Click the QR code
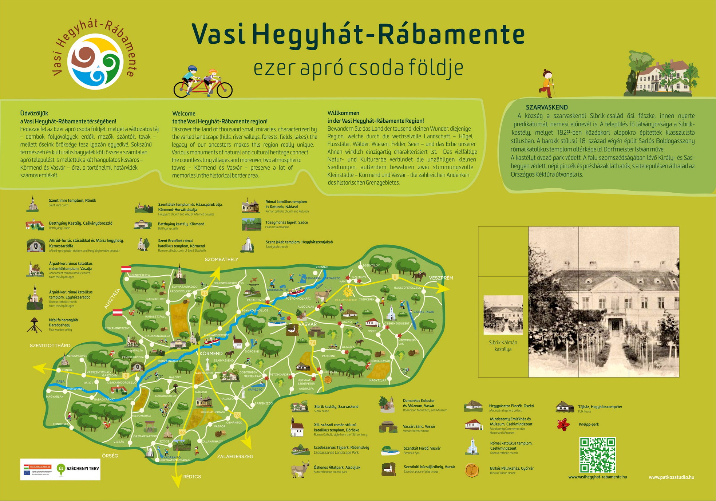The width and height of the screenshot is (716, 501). (x=597, y=455)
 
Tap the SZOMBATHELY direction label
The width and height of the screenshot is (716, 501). (x=221, y=260)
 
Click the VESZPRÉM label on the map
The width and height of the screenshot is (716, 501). (x=441, y=278)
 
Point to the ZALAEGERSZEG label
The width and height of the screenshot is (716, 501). (x=235, y=456)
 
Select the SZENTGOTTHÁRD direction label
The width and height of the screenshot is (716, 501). (x=50, y=346)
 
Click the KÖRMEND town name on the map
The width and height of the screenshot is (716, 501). (x=211, y=354)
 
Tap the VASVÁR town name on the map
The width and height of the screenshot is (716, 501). (x=308, y=324)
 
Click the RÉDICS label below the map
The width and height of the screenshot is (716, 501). (x=192, y=477)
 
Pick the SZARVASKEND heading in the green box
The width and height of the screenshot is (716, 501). (x=547, y=107)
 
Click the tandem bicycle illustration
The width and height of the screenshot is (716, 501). (x=203, y=83)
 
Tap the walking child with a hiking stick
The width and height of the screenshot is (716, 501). (x=547, y=83)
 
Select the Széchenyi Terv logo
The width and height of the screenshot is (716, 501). (x=78, y=469)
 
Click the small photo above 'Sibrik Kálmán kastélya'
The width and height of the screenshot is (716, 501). (x=503, y=315)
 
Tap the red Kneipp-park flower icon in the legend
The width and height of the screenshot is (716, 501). (x=563, y=425)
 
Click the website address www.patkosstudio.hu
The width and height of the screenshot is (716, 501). (x=671, y=477)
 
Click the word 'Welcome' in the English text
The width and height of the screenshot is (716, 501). (x=184, y=114)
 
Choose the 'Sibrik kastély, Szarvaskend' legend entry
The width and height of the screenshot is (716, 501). (x=336, y=407)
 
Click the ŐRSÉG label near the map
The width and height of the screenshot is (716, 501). (x=110, y=455)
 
